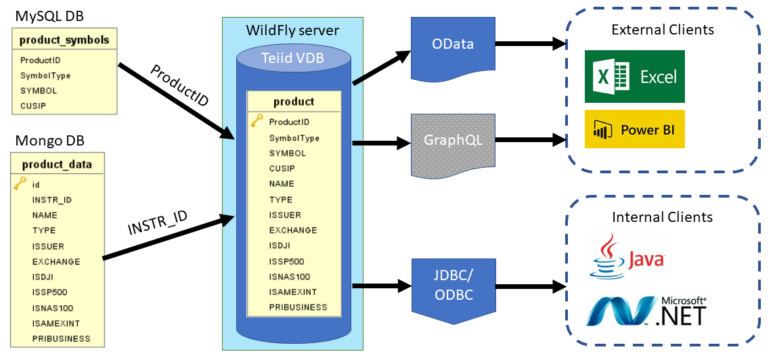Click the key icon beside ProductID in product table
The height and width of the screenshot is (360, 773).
click(x=257, y=121)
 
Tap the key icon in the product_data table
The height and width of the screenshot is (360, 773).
click(x=20, y=184)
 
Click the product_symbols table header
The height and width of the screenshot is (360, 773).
click(x=64, y=41)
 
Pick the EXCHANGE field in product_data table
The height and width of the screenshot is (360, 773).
click(x=56, y=261)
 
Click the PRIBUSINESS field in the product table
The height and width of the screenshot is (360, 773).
click(x=299, y=307)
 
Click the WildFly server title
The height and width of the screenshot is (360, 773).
click(x=293, y=30)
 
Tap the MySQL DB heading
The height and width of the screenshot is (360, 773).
click(x=49, y=16)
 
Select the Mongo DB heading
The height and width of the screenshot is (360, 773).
click(x=50, y=141)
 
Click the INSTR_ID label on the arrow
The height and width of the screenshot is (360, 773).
click(x=158, y=223)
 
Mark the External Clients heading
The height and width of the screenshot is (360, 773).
click(x=663, y=30)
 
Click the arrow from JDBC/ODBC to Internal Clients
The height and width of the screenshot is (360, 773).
click(x=530, y=286)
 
